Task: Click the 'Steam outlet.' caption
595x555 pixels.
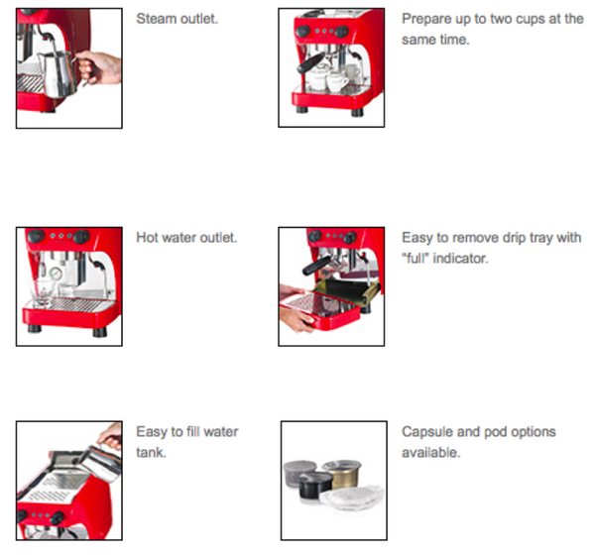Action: pyautogui.click(x=178, y=19)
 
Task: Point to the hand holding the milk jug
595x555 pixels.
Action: pyautogui.click(x=99, y=67)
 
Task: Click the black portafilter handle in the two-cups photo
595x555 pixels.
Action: pyautogui.click(x=310, y=63)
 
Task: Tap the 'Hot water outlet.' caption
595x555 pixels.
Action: pyautogui.click(x=186, y=238)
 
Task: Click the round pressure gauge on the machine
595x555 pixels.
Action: pyautogui.click(x=56, y=273)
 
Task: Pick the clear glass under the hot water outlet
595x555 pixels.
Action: pyautogui.click(x=43, y=291)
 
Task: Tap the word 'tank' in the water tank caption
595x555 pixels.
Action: pyautogui.click(x=151, y=452)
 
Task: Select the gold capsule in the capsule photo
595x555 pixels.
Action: pyautogui.click(x=342, y=474)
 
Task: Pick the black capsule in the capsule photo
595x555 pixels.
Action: pyautogui.click(x=315, y=486)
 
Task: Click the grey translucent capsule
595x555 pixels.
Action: pyautogui.click(x=298, y=474)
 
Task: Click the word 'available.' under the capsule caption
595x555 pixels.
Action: pyautogui.click(x=431, y=452)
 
